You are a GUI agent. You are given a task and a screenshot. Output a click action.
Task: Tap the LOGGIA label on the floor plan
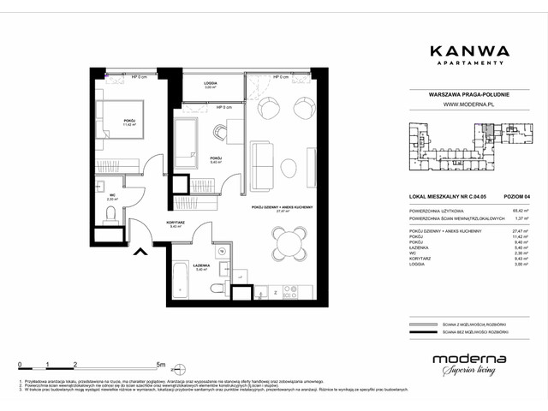[x=210, y=84]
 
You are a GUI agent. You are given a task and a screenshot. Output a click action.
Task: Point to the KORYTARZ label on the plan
[x=153, y=223]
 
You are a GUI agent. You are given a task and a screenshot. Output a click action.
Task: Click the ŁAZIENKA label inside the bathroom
[x=202, y=265]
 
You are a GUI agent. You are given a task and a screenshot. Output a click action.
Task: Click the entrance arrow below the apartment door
[x=138, y=251]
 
